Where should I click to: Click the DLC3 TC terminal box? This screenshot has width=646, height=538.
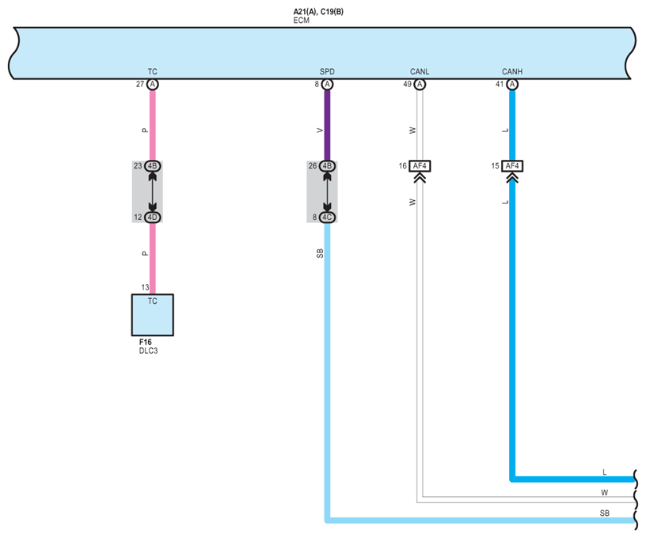coord(152,315)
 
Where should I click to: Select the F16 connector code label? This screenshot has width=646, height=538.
coord(146,342)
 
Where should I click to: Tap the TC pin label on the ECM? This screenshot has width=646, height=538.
coord(153,72)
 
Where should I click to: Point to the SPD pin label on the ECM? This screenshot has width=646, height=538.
coord(327,72)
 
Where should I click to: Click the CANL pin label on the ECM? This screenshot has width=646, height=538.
coord(420,72)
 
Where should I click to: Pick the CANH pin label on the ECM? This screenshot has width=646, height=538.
coord(512,72)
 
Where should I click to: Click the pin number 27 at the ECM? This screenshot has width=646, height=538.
coord(140,84)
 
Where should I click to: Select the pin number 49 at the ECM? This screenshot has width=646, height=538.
coord(407,84)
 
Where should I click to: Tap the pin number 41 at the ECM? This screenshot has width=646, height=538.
coord(500,84)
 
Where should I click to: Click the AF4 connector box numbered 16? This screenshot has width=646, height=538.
coord(420,166)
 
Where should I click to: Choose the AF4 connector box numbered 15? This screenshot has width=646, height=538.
coord(512,166)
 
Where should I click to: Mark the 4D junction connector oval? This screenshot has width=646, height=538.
coord(153,218)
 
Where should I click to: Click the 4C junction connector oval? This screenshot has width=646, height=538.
coord(327,218)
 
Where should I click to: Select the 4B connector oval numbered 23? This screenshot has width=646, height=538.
coord(153,166)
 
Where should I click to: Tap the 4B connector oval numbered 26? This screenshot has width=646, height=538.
coord(327,166)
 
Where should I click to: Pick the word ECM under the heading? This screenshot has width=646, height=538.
coord(301,21)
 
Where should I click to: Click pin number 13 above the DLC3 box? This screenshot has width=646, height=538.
coord(145,287)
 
